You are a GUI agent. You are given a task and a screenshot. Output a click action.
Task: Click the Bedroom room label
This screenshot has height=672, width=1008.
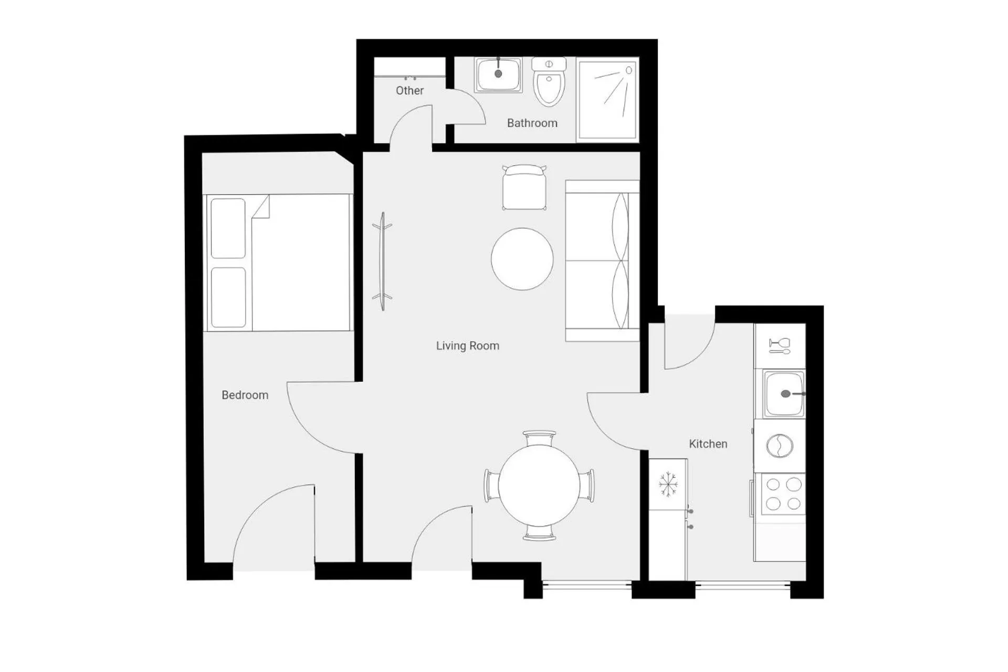point(245,395)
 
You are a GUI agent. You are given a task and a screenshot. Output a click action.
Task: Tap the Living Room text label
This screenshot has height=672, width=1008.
point(467,345)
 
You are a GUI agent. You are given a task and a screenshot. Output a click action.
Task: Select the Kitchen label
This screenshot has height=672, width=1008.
point(708,444)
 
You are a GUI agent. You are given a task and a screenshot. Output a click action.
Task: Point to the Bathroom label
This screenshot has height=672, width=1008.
point(532,123)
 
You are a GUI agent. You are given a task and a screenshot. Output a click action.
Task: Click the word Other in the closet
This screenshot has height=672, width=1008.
point(409,90)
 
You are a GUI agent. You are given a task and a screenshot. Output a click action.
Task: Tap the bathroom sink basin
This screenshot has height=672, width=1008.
point(498,75)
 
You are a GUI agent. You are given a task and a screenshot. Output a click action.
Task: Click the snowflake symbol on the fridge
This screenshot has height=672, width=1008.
point(668,484)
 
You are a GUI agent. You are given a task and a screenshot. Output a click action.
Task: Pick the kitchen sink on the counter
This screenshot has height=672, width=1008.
point(783,394)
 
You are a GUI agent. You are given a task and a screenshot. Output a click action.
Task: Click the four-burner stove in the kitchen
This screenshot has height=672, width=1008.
point(783,493)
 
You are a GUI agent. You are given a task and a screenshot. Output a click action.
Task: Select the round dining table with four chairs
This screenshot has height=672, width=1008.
point(539,486)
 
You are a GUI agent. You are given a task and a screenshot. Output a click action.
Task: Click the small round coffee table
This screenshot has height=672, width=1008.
point(522,259)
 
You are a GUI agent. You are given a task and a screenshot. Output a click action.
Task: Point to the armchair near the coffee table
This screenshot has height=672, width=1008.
point(524,188)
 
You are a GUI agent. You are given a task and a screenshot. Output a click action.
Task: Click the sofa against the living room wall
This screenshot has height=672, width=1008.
point(602,261)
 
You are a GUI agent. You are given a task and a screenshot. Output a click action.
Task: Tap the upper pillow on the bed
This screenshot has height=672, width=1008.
point(228,228)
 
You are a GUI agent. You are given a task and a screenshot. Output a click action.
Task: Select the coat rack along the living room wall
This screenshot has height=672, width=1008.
point(383,261)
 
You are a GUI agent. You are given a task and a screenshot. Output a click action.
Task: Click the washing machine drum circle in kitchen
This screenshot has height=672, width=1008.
point(780,446)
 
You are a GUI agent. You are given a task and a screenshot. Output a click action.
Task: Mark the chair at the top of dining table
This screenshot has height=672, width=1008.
point(539,437)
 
